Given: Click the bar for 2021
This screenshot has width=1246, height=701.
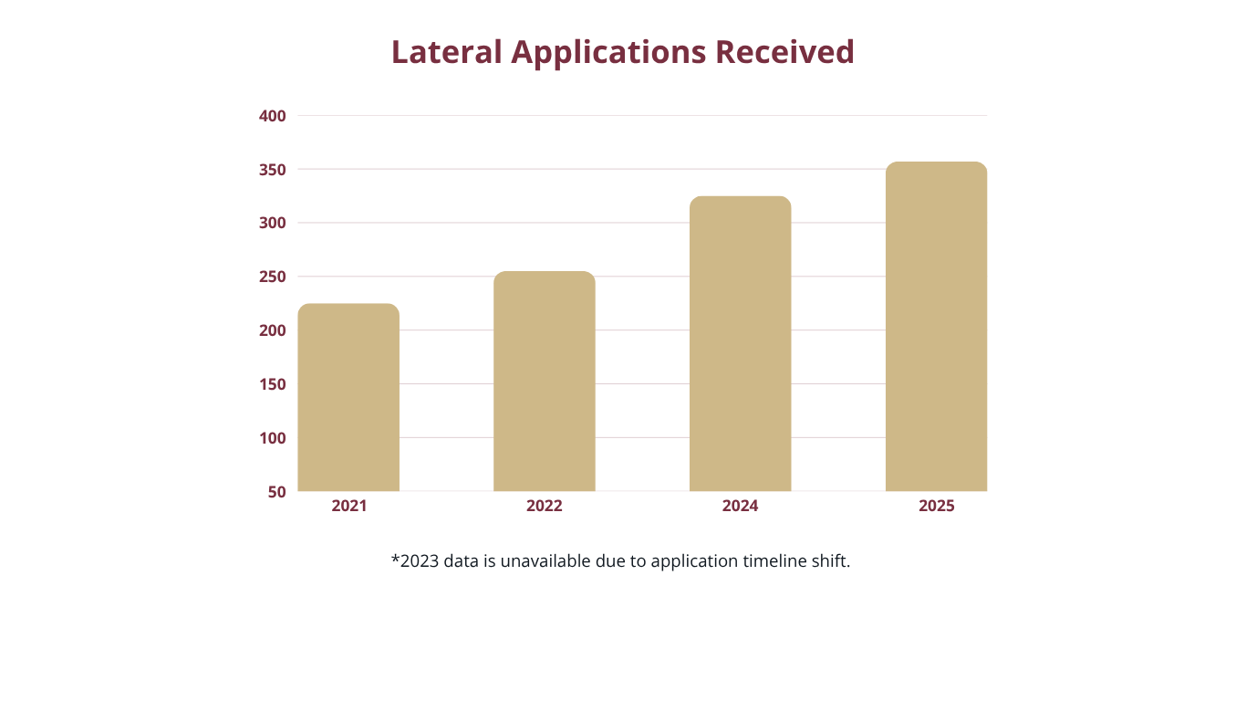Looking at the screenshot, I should click(x=348, y=398).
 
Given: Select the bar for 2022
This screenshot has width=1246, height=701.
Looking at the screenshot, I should click(x=545, y=382).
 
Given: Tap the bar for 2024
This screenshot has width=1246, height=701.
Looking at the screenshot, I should click(x=740, y=344).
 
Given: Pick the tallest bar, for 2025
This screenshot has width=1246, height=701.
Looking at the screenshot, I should click(x=936, y=327).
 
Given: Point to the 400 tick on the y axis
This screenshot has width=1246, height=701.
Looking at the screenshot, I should click(x=273, y=116).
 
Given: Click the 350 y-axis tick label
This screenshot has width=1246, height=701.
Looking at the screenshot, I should click(x=273, y=170).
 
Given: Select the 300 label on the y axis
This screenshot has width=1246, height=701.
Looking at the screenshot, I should click(x=273, y=224).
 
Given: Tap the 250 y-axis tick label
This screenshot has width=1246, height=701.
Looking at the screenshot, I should click(x=273, y=277).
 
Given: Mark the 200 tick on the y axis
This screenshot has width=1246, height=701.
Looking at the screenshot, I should click(x=273, y=330).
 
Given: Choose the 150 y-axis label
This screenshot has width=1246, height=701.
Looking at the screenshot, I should click(x=273, y=384).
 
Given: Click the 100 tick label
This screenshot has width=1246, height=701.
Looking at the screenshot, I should click(x=273, y=438).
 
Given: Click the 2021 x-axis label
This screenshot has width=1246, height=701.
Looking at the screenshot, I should click(x=349, y=506).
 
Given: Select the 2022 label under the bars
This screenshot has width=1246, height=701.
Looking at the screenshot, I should click(x=545, y=506).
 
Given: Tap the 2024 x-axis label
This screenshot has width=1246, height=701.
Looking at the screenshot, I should click(x=740, y=506).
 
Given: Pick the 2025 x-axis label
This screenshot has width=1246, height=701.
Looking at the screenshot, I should click(x=937, y=506).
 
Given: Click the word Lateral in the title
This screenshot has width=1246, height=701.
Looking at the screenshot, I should click(x=446, y=52).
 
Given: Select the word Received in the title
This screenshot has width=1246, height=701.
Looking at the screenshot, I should click(x=784, y=52).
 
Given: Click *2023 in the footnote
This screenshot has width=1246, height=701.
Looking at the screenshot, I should click(x=415, y=560).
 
